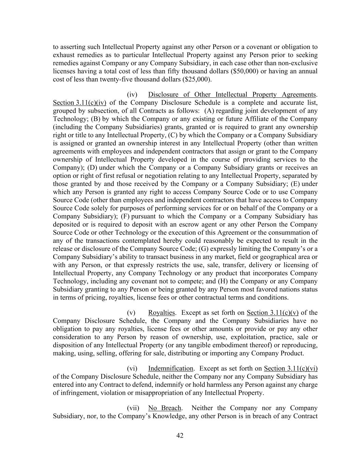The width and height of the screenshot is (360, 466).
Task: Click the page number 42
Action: [x=180, y=435]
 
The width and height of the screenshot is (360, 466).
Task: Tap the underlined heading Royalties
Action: [x=161, y=313]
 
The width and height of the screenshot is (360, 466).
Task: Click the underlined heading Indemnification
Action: [x=171, y=368]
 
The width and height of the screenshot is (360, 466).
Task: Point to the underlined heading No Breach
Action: [x=165, y=408]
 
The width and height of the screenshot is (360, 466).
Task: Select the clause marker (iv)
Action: [x=132, y=95]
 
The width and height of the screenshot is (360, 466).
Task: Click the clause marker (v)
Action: [x=131, y=313]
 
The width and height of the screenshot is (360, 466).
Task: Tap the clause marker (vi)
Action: [x=132, y=368]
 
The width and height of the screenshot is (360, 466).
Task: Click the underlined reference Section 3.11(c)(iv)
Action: [x=80, y=103]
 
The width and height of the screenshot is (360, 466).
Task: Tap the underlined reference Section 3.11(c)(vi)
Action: [x=291, y=368]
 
